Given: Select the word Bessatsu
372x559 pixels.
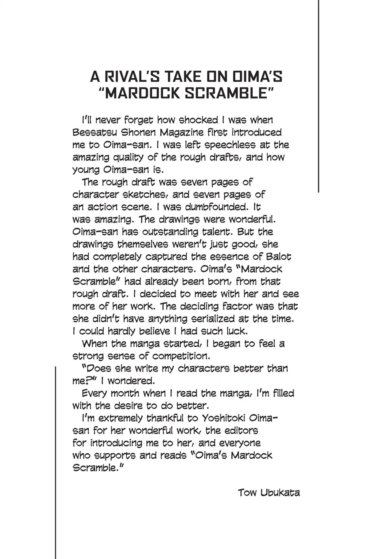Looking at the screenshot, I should pyautogui.click(x=95, y=132).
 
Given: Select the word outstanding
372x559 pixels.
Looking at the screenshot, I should pyautogui.click(x=170, y=232).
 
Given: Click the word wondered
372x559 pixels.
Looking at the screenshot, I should pyautogui.click(x=131, y=381).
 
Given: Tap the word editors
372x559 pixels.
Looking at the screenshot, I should pyautogui.click(x=241, y=431).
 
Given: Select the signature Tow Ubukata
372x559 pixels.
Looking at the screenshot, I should pyautogui.click(x=269, y=493).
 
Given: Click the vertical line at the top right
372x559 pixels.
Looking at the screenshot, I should pyautogui.click(x=318, y=96).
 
